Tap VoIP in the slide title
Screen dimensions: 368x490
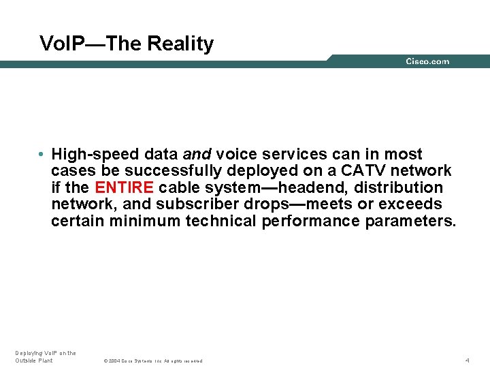tap(56, 44)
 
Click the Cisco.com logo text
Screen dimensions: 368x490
tap(427, 61)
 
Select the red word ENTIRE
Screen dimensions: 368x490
tap(125, 187)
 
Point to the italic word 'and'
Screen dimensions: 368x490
tap(197, 154)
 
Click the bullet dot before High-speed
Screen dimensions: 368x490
tap(42, 155)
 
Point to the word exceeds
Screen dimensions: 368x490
tap(410, 204)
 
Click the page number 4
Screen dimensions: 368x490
tap(468, 360)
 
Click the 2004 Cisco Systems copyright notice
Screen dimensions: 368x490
tap(153, 361)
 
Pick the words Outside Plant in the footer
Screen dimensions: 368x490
tap(34, 361)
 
